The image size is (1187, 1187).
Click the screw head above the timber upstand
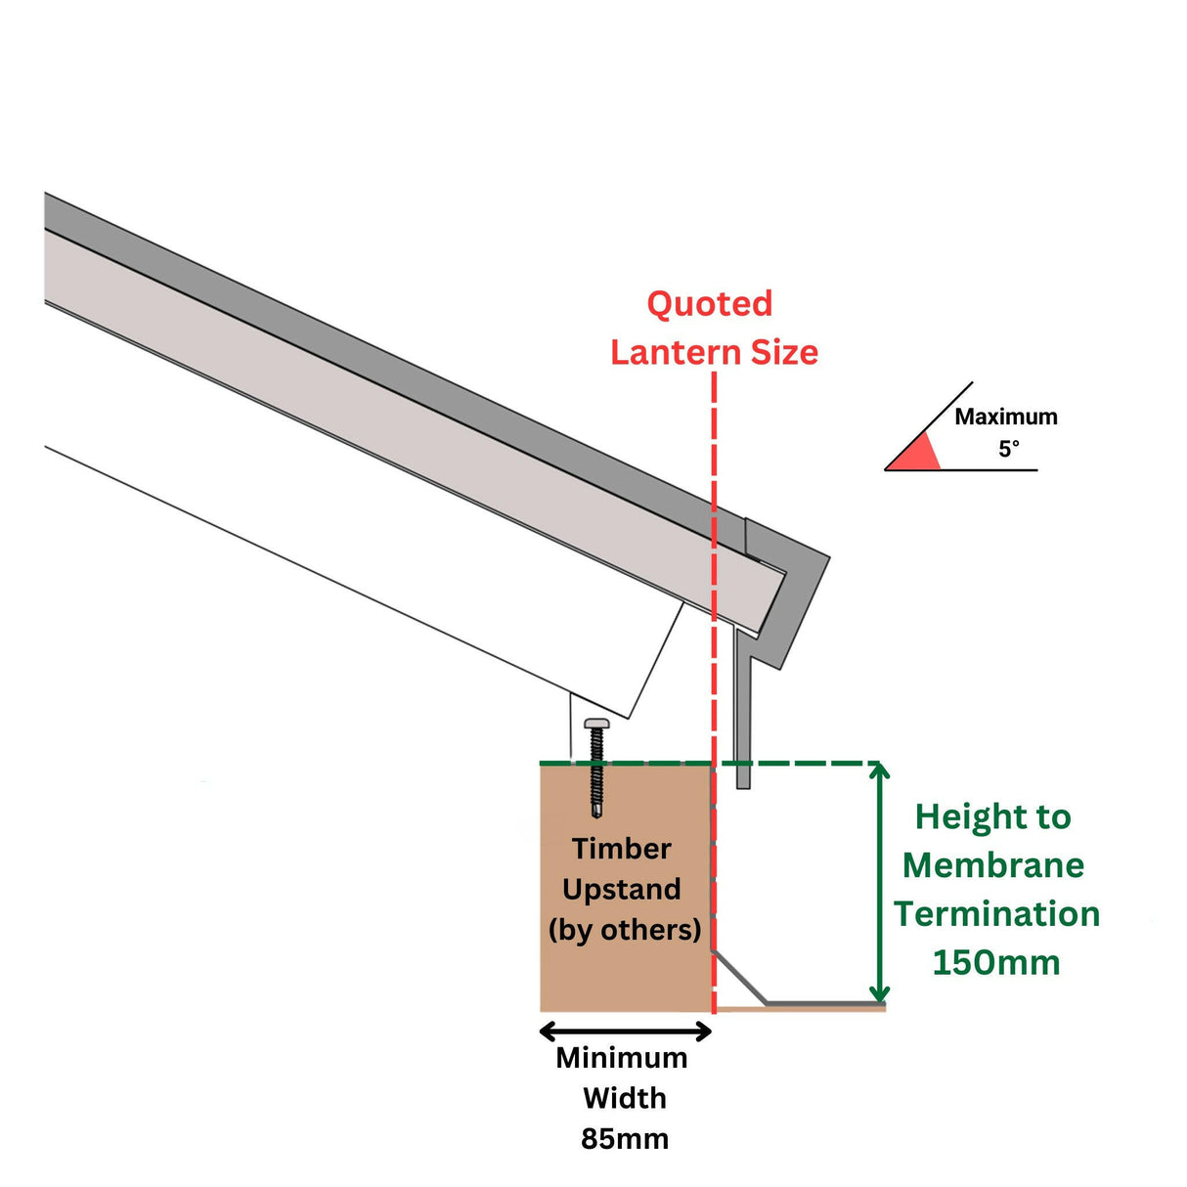click(596, 724)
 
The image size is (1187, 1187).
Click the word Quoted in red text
click(710, 304)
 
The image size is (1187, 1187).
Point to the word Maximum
click(1006, 417)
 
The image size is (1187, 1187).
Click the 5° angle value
click(1009, 449)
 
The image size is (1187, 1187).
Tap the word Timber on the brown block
click(622, 849)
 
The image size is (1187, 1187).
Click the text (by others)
click(625, 929)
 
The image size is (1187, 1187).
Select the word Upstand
click(622, 889)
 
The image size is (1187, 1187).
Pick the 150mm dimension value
click(996, 962)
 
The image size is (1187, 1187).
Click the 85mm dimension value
click(625, 1139)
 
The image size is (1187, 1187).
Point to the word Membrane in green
click(993, 865)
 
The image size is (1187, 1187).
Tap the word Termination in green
click(996, 914)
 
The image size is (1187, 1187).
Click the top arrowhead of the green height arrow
click(880, 770)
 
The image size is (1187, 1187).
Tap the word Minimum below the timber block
click(622, 1058)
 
